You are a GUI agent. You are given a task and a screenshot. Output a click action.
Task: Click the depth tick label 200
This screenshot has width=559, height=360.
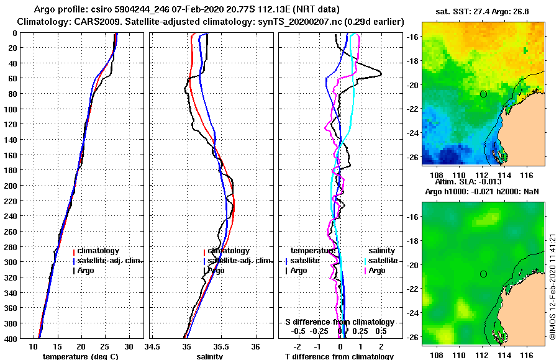click(11, 186)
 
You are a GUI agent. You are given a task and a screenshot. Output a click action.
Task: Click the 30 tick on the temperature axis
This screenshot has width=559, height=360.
click(129, 348)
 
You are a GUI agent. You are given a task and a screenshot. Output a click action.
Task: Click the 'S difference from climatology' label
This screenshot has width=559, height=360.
click(339, 322)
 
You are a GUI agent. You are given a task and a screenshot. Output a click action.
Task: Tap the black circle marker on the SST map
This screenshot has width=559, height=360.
click(483, 94)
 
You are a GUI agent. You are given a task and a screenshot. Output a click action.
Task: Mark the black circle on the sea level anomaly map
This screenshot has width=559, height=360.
click(483, 274)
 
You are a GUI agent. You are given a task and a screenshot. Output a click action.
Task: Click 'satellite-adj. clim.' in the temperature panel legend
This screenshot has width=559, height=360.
click(110, 261)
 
